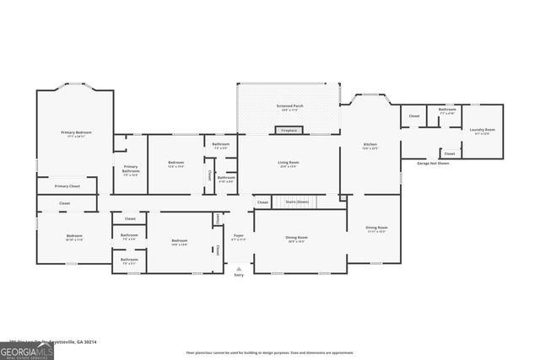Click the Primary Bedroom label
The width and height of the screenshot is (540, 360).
(x=76, y=133)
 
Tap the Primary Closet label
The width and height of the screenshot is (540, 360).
(x=67, y=185)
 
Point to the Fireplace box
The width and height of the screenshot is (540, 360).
(x=289, y=131)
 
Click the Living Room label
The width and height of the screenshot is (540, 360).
(x=289, y=162)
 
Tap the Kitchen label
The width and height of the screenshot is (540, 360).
(x=370, y=145)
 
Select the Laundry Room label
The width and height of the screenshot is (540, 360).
(x=483, y=130)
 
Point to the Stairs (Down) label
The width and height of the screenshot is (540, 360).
(x=297, y=202)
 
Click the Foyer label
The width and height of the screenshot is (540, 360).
(x=239, y=237)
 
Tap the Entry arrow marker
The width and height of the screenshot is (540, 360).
(x=239, y=269)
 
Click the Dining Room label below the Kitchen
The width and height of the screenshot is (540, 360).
(x=376, y=228)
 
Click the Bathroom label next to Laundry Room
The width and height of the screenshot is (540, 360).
(x=447, y=110)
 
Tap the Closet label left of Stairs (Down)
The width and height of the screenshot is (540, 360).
(x=262, y=202)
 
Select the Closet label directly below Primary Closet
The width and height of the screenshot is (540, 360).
(x=65, y=203)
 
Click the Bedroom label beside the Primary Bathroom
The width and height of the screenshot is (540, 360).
(x=175, y=163)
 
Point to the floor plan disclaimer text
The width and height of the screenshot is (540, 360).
(x=270, y=351)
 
